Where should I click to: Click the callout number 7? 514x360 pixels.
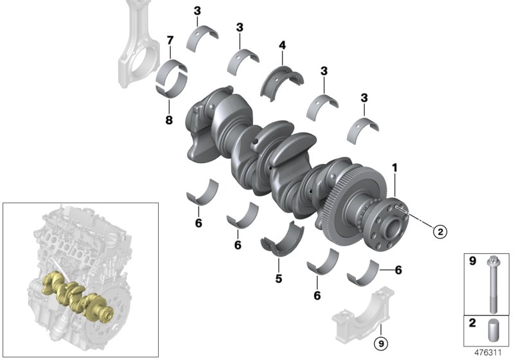(x=170, y=41)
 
